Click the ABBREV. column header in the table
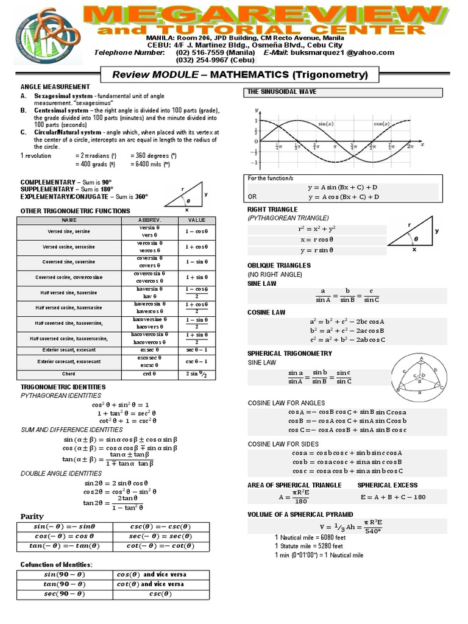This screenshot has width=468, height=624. pyautogui.click(x=149, y=219)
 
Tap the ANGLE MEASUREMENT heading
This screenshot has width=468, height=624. pyautogui.click(x=55, y=87)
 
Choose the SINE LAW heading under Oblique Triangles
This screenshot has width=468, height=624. pyautogui.click(x=263, y=283)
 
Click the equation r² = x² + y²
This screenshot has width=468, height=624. pyautogui.click(x=317, y=229)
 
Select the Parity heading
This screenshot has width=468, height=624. pyautogui.click(x=32, y=516)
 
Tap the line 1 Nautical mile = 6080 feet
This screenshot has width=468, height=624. pyautogui.click(x=309, y=537)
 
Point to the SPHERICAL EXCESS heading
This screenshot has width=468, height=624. pyautogui.click(x=388, y=484)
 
